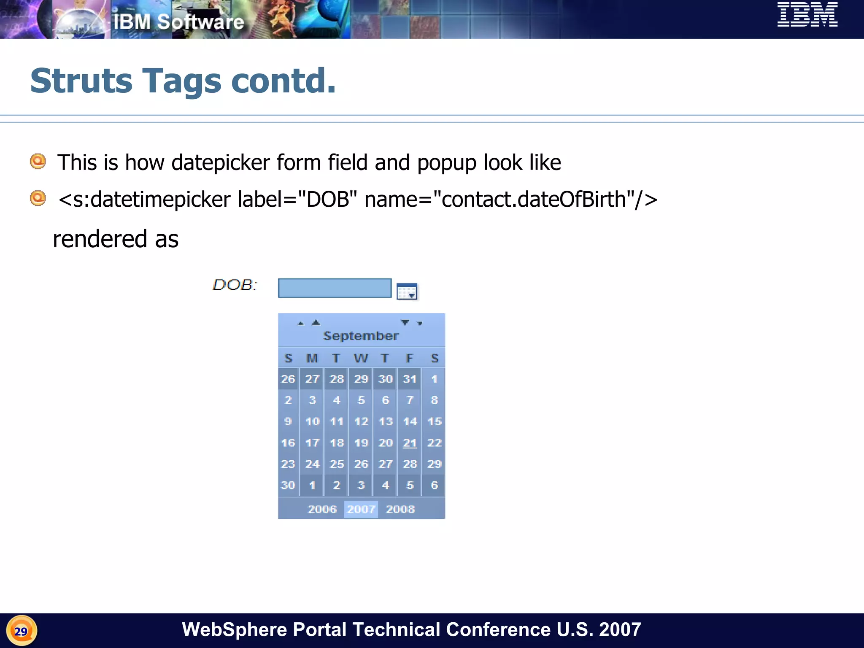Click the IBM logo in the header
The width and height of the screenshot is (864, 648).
807,14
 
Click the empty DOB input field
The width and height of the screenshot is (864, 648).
335,288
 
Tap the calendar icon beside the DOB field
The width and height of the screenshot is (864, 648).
407,292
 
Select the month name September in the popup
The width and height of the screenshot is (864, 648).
361,336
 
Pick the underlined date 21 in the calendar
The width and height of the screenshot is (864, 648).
410,443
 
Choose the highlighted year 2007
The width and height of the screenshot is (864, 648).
361,509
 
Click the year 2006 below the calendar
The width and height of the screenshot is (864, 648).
322,509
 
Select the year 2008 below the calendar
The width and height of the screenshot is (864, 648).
400,509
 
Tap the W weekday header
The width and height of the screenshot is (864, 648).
361,359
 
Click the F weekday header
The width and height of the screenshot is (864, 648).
409,359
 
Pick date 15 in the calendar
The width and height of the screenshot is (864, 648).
434,421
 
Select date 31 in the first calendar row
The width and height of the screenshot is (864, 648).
410,379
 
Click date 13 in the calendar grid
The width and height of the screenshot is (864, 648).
385,421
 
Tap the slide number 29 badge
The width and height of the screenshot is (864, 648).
21,631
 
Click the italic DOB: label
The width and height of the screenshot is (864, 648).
235,285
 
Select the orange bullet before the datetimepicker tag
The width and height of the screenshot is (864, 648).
38,198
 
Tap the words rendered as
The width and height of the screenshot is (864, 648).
116,239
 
